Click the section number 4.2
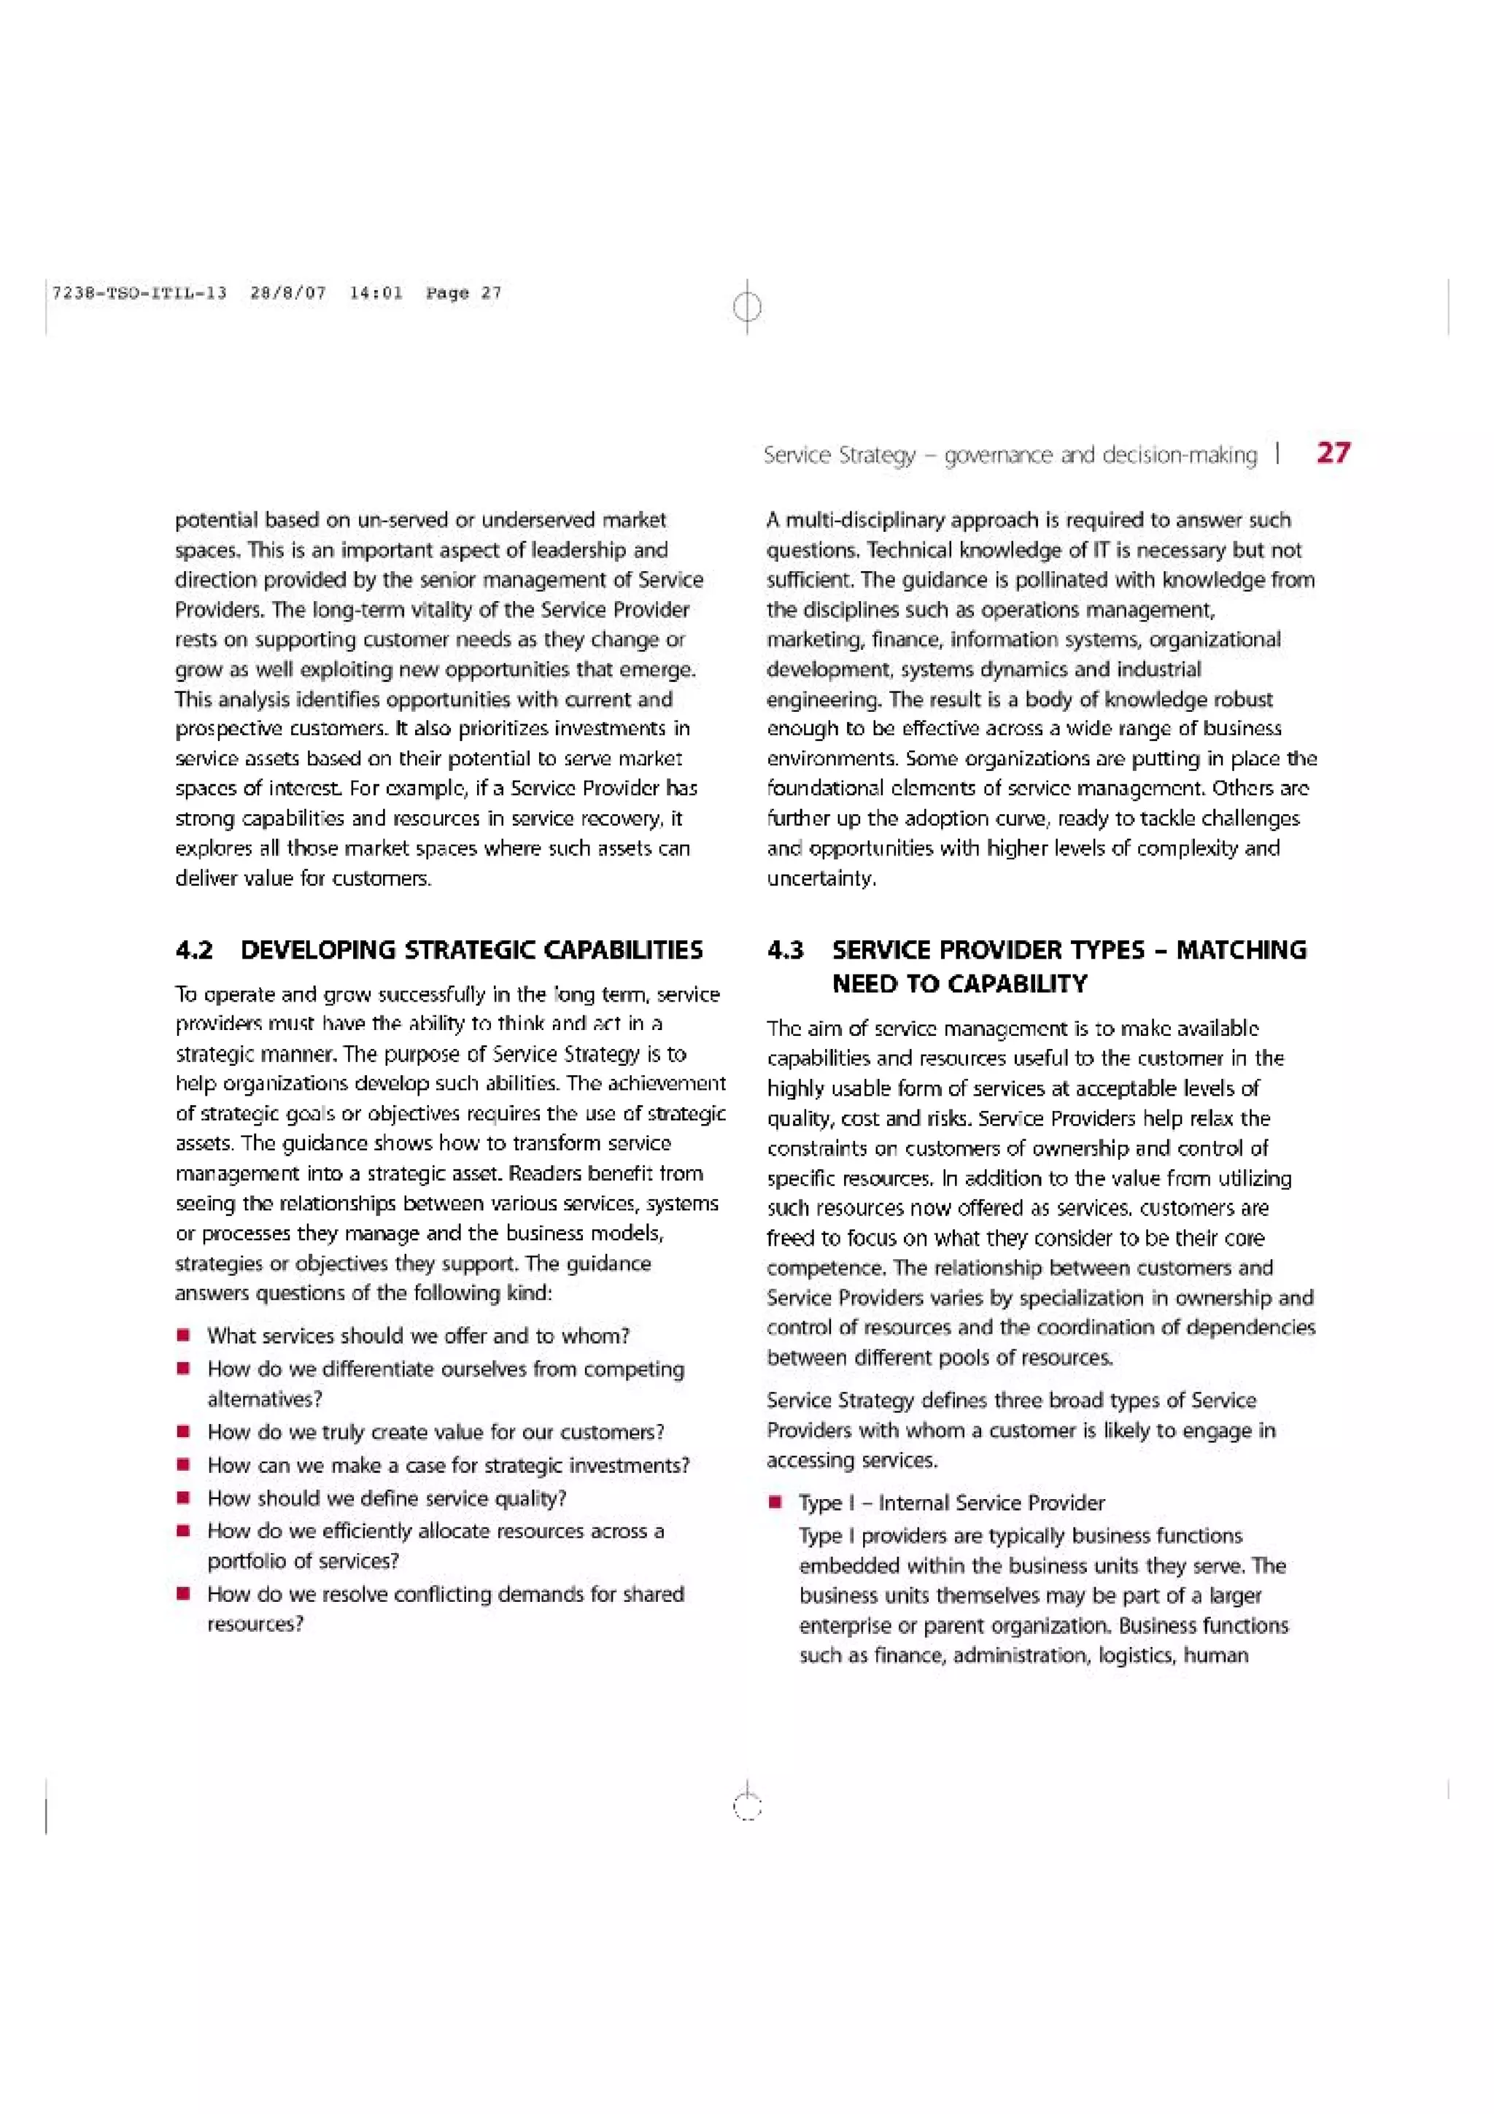click(x=194, y=950)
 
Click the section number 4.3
click(x=785, y=950)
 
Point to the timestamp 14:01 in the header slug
click(x=376, y=293)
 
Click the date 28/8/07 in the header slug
click(x=288, y=293)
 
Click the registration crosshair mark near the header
click(x=748, y=306)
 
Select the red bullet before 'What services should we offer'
click(x=184, y=1335)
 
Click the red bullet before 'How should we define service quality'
click(x=184, y=1498)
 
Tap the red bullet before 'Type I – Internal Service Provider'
click(x=776, y=1503)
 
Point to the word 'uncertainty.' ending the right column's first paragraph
click(x=821, y=878)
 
